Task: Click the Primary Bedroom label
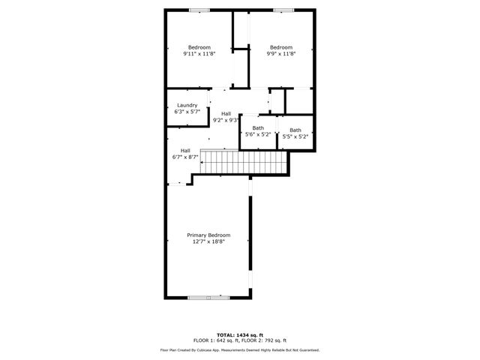coord(208,235)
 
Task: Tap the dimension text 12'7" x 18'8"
coord(208,241)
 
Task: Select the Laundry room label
coord(187,105)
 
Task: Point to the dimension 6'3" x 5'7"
coord(187,112)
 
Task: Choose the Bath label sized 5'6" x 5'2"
coord(258,127)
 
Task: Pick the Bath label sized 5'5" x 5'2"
coord(295,130)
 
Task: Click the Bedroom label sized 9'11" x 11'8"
coord(199,47)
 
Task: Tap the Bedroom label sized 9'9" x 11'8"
coord(281,47)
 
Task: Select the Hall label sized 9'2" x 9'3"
coord(226,113)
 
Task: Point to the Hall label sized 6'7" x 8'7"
coord(185,150)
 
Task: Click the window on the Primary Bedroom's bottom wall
coord(208,298)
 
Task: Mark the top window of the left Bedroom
coord(199,10)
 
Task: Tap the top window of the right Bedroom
coord(283,10)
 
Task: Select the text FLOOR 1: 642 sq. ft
coord(214,340)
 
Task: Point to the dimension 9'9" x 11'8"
coord(281,54)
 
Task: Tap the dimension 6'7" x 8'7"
coord(185,157)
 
